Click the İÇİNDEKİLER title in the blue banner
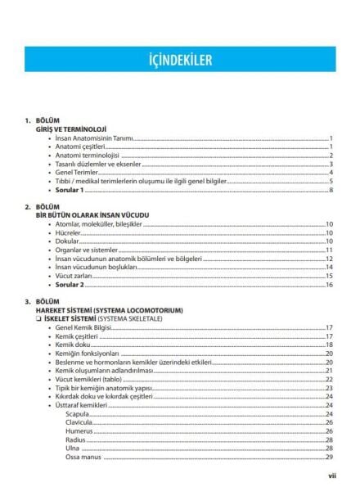tap(179, 60)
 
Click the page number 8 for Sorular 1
tap(330, 191)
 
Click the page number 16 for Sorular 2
tap(328, 285)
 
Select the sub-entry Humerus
tap(79, 431)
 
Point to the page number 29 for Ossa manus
tap(328, 457)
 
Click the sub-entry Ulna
tap(72, 448)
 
